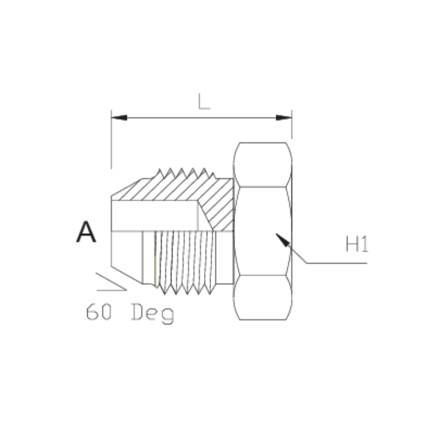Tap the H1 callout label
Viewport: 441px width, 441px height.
point(357,244)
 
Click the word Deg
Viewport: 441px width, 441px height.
point(153,314)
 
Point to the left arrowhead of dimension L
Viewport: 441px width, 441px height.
point(119,117)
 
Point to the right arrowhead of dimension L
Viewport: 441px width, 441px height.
point(284,117)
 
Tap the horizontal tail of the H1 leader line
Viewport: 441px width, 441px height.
point(336,263)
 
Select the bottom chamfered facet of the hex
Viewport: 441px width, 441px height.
point(262,298)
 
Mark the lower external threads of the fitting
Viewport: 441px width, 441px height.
point(185,262)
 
